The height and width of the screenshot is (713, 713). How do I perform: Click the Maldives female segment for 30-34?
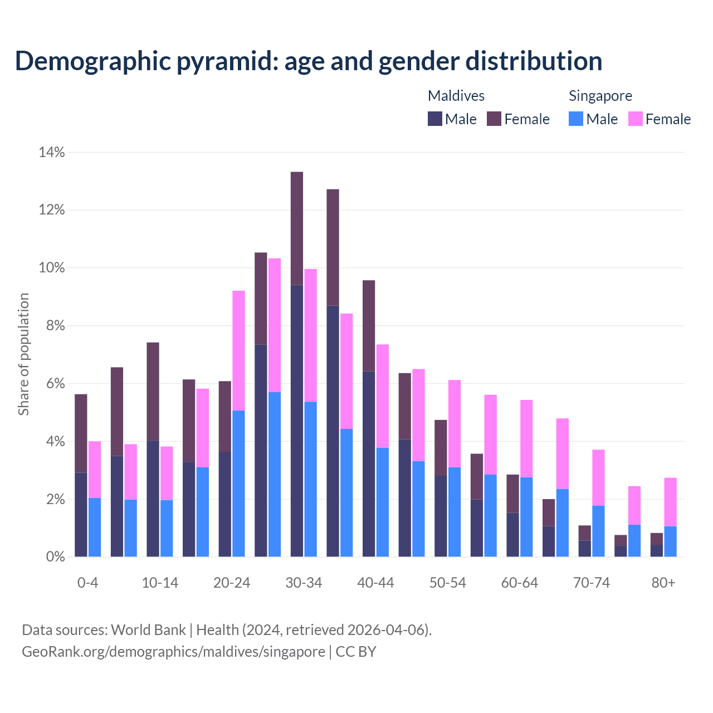[x=297, y=228]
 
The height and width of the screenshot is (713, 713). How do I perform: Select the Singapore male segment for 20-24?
[x=238, y=484]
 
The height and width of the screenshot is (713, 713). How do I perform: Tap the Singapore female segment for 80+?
[x=670, y=501]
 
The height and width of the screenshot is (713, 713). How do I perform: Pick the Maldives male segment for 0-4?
[x=81, y=514]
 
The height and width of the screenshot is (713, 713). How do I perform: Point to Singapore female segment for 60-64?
[x=526, y=438]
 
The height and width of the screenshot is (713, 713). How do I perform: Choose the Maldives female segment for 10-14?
[x=153, y=392]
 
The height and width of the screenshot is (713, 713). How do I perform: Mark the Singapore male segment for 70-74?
[x=598, y=531]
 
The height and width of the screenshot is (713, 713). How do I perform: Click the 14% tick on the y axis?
[x=51, y=152]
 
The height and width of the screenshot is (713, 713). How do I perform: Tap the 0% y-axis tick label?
[x=55, y=557]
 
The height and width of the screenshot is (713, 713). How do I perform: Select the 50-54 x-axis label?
[x=447, y=583]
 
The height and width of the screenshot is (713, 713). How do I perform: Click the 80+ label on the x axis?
[x=663, y=583]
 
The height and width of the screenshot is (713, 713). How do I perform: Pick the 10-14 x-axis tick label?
[x=160, y=583]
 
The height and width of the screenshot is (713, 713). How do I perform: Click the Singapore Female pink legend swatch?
[x=635, y=119]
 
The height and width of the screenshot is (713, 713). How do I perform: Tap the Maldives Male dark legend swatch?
[x=434, y=119]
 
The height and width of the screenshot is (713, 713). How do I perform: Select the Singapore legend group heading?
[x=600, y=96]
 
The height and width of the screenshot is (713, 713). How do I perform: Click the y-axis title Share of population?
[x=23, y=354]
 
